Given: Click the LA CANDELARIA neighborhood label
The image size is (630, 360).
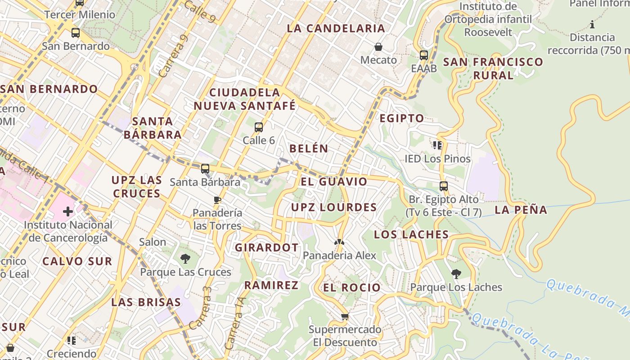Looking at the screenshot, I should click(x=336, y=28).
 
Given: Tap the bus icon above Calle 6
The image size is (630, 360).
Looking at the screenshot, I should click(x=259, y=127).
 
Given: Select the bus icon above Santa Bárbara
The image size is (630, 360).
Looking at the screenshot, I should click(x=205, y=169).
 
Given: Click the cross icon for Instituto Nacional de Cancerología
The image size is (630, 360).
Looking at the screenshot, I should click(x=68, y=211).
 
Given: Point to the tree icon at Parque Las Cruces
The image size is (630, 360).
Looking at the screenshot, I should click(x=185, y=259).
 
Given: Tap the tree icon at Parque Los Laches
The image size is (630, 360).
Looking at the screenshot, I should click(x=456, y=274).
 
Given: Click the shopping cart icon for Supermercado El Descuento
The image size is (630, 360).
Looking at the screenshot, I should click(x=345, y=316).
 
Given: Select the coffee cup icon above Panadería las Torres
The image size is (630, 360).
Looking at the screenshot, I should click(x=217, y=199).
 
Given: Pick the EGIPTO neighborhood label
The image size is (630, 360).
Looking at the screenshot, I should click(x=402, y=118).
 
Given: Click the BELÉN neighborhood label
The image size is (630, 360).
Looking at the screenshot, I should click(x=309, y=148).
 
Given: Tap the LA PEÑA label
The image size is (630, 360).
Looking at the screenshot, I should click(x=521, y=210).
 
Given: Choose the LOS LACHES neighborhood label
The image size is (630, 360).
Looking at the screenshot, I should click(x=411, y=234).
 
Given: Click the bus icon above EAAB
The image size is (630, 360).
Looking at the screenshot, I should click(x=424, y=55).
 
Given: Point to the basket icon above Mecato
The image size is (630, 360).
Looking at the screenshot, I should click(x=378, y=47).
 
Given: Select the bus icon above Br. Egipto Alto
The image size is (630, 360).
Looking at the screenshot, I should click(x=444, y=186).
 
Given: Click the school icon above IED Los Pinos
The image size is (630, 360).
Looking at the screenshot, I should click(x=437, y=145).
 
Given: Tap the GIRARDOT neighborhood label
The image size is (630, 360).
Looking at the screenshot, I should click(x=267, y=247).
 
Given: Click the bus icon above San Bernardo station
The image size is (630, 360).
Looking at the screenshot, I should click(x=76, y=33).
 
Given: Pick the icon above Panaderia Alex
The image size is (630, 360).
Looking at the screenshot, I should click(x=339, y=242).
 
